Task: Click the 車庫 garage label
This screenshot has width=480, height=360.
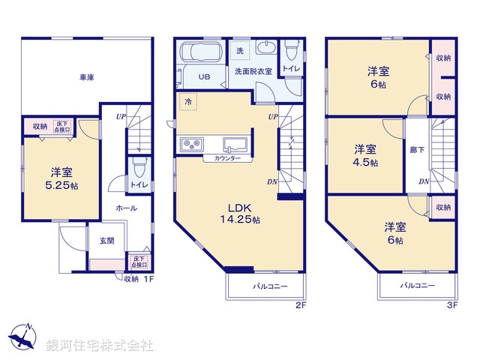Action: point(86,77)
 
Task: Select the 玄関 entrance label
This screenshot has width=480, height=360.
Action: point(106,240)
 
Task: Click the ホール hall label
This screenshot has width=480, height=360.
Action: point(126,208)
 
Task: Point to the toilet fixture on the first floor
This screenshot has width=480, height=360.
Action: point(138,168)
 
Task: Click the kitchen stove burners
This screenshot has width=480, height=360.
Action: point(189,144)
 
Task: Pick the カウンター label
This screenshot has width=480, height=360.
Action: point(227,159)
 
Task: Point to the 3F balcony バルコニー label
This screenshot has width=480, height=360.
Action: point(417,286)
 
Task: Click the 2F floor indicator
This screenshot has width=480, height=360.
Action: point(301,305)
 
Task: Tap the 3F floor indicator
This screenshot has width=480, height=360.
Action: point(451,305)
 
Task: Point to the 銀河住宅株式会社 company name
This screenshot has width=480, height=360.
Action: point(100,346)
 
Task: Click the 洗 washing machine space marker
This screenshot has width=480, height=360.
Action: point(240,50)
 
